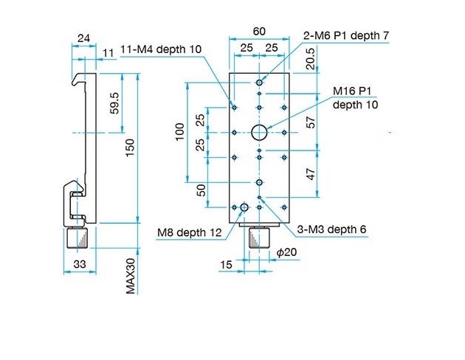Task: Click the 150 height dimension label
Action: pyautogui.click(x=130, y=148)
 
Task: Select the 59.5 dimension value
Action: pyautogui.click(x=114, y=103)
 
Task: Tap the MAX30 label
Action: pyautogui.click(x=131, y=276)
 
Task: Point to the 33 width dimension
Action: pyautogui.click(x=80, y=264)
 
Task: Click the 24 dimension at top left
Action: pyautogui.click(x=83, y=38)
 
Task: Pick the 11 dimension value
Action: pyautogui.click(x=108, y=53)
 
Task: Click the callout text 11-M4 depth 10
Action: pyautogui.click(x=161, y=49)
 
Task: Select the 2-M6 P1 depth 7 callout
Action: pyautogui.click(x=345, y=35)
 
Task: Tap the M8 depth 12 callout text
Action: pyautogui.click(x=190, y=232)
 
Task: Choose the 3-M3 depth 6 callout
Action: pyautogui.click(x=331, y=229)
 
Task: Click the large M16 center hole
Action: pyautogui.click(x=259, y=133)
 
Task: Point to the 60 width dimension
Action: pyautogui.click(x=259, y=32)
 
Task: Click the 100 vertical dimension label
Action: pyautogui.click(x=180, y=132)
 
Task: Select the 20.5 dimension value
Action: pyautogui.click(x=310, y=59)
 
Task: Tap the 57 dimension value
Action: pyautogui.click(x=310, y=122)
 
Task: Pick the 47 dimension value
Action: pyautogui.click(x=310, y=174)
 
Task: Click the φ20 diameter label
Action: pyautogui.click(x=286, y=252)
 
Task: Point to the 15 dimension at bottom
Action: pyautogui.click(x=226, y=265)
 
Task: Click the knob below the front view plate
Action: pyautogui.click(x=259, y=238)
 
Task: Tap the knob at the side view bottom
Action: pyautogui.click(x=77, y=238)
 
